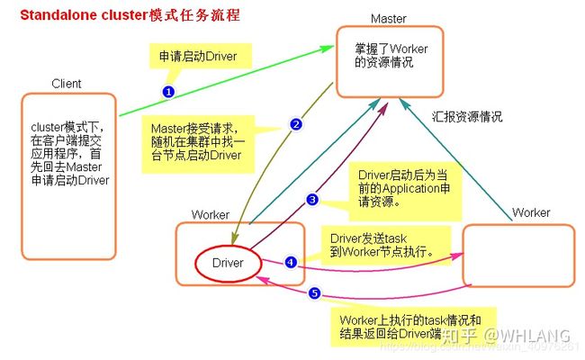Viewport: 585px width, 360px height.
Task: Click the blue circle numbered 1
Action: point(168,92)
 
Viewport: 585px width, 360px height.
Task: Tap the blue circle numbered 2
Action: point(296,124)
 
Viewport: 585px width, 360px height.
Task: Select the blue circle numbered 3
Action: point(312,200)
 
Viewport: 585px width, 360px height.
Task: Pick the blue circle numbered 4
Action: point(291,262)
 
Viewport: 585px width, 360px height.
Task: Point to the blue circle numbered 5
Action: point(314,292)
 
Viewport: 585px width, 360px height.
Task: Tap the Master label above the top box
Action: point(389,19)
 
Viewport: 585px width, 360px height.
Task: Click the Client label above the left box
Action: point(67,84)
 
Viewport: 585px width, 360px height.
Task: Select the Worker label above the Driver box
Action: point(211,214)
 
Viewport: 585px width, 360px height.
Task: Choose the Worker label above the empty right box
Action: point(531,212)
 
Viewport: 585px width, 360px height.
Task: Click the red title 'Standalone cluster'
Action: point(85,15)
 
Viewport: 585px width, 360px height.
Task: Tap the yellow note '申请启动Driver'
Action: point(201,56)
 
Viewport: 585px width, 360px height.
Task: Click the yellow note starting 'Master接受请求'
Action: point(198,144)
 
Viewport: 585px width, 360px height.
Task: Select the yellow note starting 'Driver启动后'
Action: point(405,192)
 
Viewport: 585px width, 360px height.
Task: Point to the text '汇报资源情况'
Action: point(467,116)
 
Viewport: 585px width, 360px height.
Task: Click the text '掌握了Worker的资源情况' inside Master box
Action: point(391,55)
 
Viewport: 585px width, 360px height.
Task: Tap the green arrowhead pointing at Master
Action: point(328,49)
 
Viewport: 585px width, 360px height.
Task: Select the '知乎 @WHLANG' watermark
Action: point(505,336)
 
